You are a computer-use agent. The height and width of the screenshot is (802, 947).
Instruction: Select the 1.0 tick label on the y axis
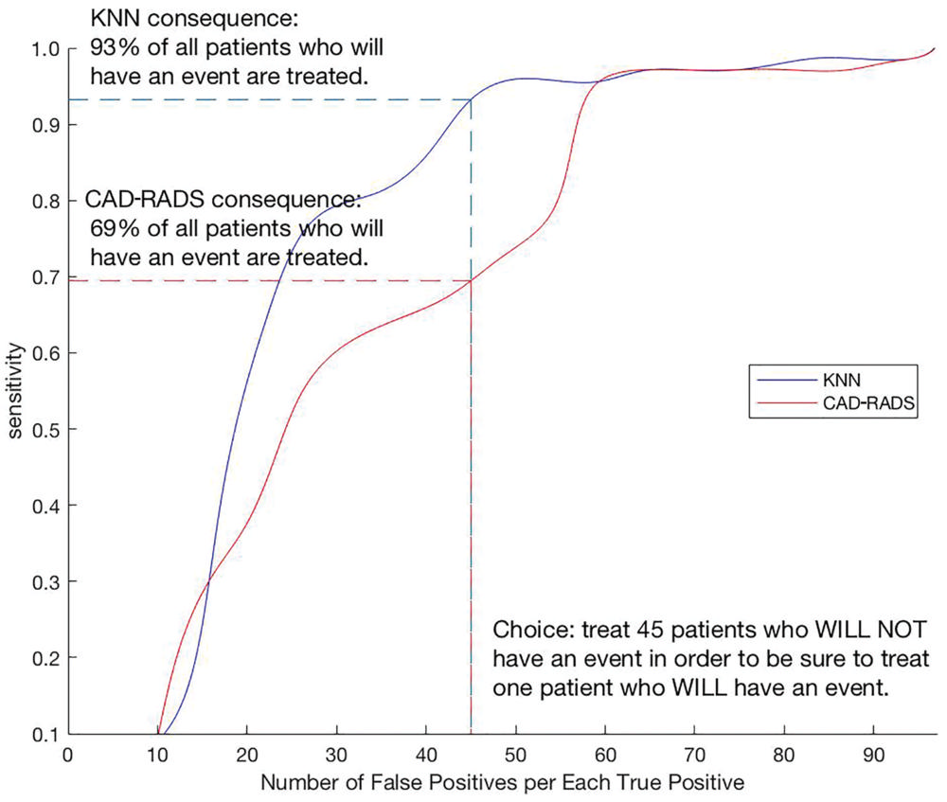click(x=48, y=49)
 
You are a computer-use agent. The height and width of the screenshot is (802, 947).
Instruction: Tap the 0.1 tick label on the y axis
click(x=48, y=734)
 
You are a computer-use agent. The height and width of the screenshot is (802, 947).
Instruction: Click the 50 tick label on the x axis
click(x=516, y=756)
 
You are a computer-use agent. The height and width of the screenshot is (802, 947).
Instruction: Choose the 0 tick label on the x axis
click(x=67, y=756)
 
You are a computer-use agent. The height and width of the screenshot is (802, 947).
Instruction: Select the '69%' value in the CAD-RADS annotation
click(x=111, y=228)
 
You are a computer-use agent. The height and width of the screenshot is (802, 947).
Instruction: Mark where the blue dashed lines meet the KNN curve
click(x=472, y=99)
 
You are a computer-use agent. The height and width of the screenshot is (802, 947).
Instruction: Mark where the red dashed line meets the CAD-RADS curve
click(x=472, y=280)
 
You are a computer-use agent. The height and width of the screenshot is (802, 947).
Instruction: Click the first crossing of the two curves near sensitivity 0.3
click(x=206, y=580)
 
